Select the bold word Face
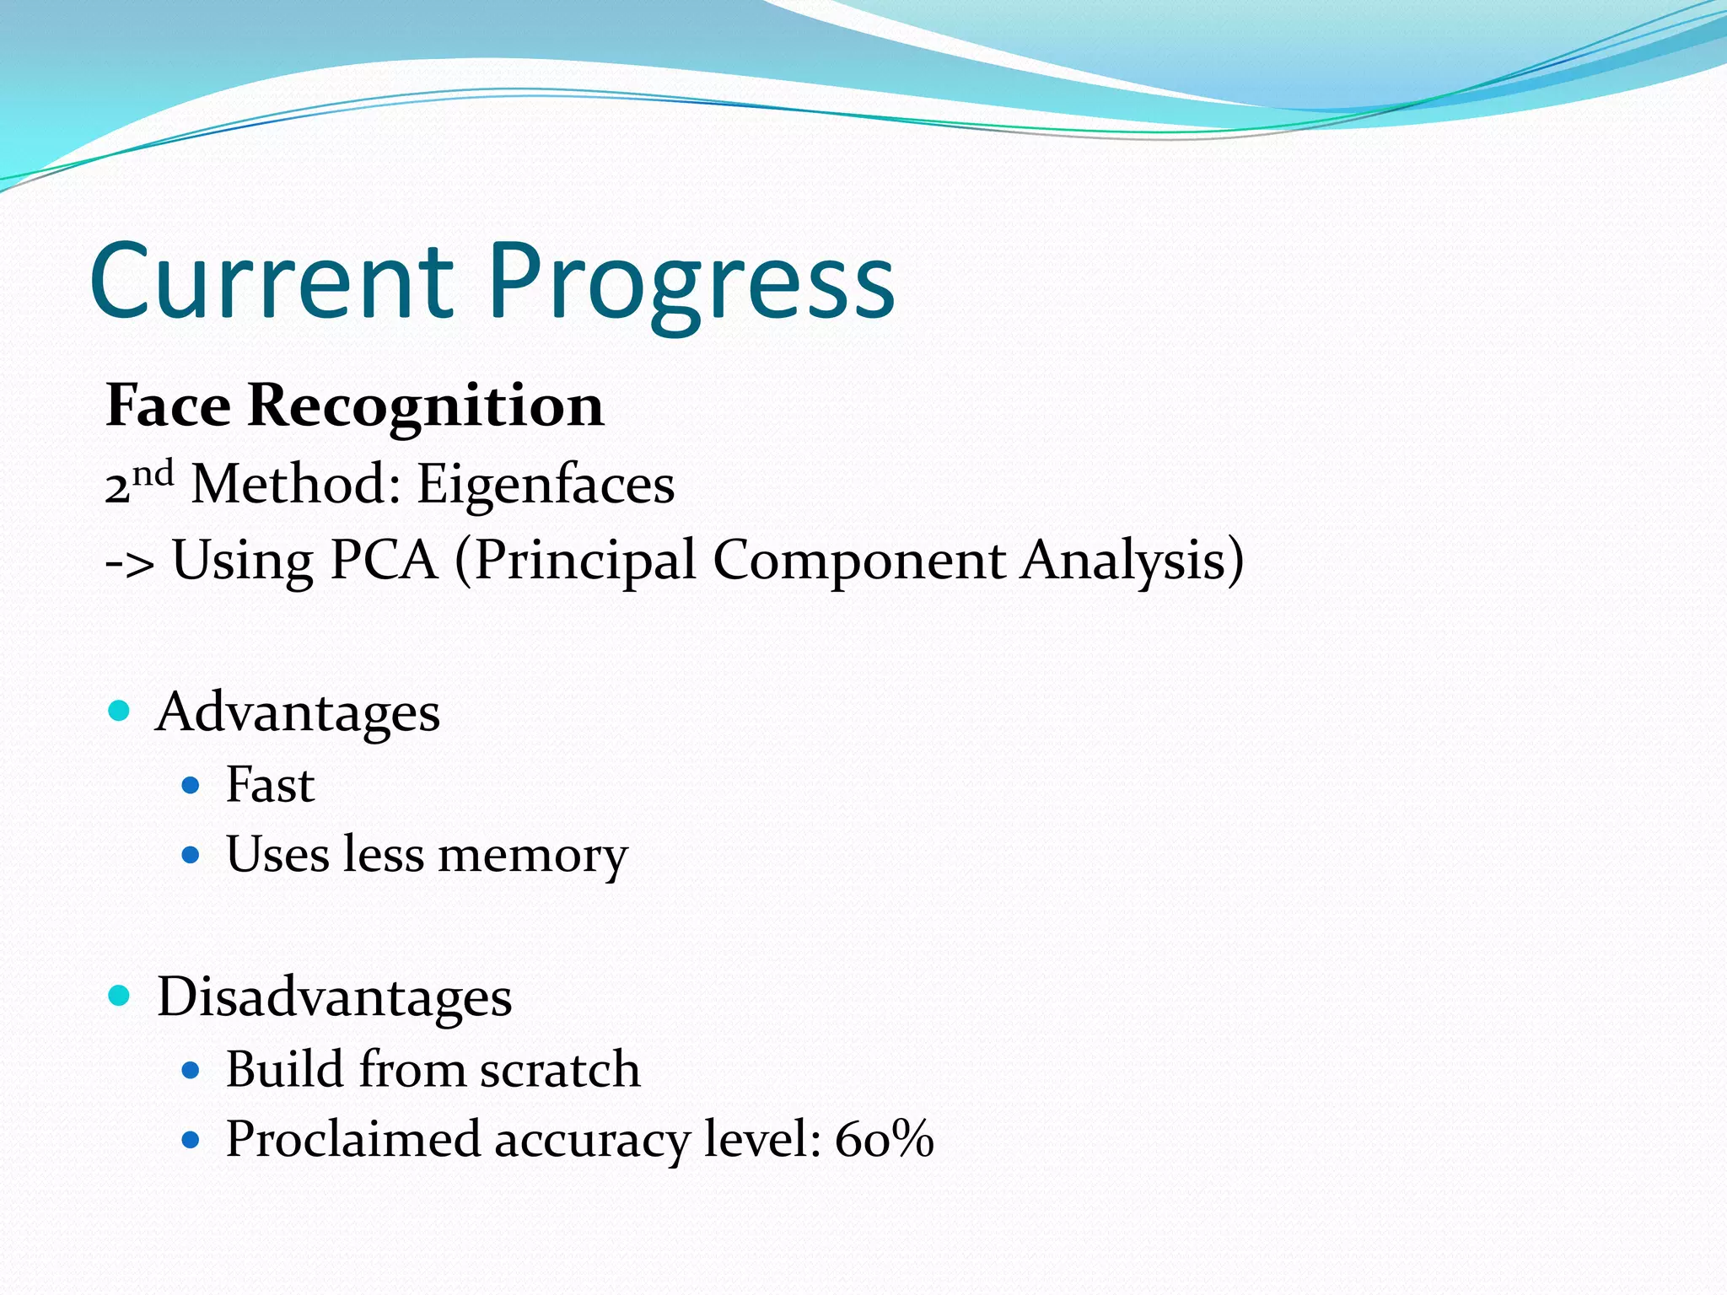168,406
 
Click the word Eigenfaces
546,486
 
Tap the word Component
859,562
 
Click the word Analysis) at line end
1133,562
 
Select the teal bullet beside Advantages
120,711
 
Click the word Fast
270,785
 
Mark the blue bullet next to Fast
191,786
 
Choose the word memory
533,856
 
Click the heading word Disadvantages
334,997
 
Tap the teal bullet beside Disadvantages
120,996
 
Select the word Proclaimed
352,1140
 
